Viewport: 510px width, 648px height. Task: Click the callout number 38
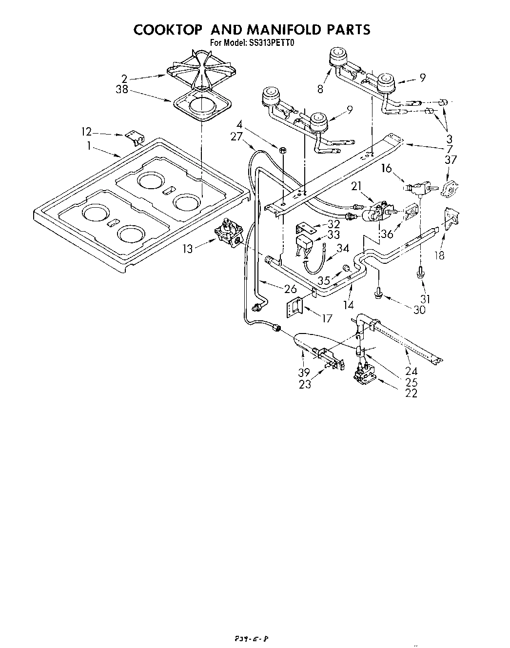pyautogui.click(x=122, y=90)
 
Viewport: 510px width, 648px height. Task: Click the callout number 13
pyautogui.click(x=188, y=249)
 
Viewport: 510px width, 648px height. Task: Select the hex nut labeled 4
pyautogui.click(x=282, y=148)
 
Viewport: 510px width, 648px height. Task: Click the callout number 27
pyautogui.click(x=236, y=137)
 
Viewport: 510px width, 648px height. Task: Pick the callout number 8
pyautogui.click(x=320, y=89)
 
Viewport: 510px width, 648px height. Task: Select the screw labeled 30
pyautogui.click(x=378, y=293)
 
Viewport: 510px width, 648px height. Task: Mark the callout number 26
pyautogui.click(x=290, y=288)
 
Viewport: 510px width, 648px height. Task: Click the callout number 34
pyautogui.click(x=343, y=248)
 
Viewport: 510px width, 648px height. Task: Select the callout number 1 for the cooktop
pyautogui.click(x=89, y=145)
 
